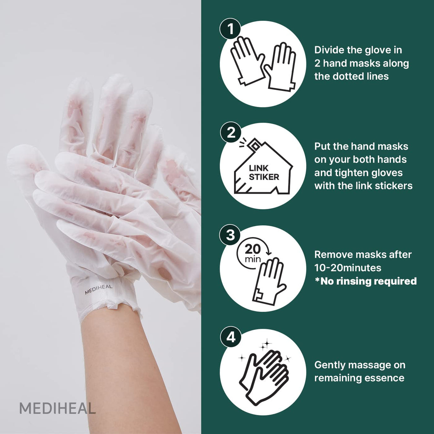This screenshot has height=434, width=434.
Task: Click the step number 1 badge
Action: [x=231, y=29]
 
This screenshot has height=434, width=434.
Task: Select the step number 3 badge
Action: [x=230, y=235]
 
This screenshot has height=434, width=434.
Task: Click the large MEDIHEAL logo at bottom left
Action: [x=57, y=409]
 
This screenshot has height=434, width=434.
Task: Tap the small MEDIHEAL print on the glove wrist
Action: [x=98, y=289]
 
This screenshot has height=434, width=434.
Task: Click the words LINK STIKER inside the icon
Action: [x=263, y=173]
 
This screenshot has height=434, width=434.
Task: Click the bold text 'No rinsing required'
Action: [x=368, y=281]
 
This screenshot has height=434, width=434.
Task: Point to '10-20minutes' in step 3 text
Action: [x=348, y=268]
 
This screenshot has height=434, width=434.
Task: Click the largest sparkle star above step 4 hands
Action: [x=266, y=344]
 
